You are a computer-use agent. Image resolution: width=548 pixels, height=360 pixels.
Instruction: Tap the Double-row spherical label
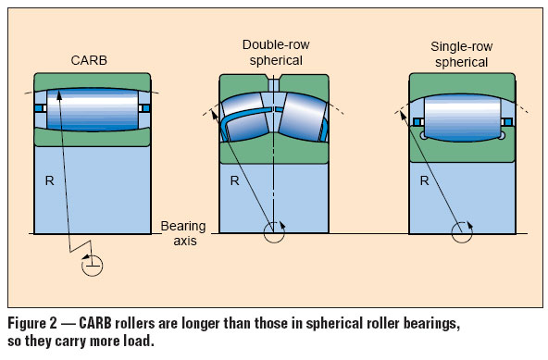tap(273, 52)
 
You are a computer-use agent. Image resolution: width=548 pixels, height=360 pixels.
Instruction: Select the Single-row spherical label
tap(460, 53)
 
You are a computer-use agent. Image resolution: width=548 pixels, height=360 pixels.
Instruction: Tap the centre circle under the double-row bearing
tap(274, 232)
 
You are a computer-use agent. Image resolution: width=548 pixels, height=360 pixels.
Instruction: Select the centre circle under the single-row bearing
tap(461, 233)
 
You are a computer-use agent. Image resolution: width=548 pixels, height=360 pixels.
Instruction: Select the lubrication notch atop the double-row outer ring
tap(274, 81)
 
